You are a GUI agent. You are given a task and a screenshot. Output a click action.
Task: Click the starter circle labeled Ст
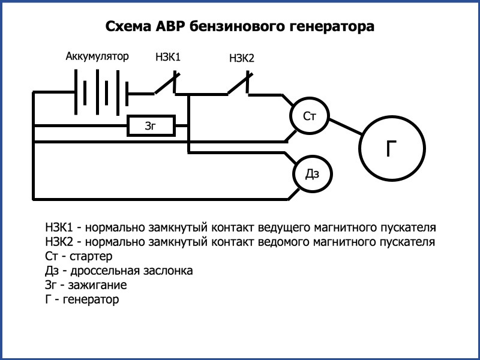pyautogui.click(x=310, y=116)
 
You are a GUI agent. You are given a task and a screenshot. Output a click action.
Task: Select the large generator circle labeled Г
pyautogui.click(x=392, y=147)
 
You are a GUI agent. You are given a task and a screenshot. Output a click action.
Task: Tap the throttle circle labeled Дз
pyautogui.click(x=312, y=173)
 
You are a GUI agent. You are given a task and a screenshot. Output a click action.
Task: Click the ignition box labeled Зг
pyautogui.click(x=151, y=126)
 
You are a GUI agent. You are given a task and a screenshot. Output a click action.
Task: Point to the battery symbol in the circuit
pyautogui.click(x=101, y=94)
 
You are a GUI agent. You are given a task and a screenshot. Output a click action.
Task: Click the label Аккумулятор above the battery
pyautogui.click(x=97, y=57)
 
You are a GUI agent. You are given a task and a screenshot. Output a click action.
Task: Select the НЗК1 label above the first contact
pyautogui.click(x=168, y=58)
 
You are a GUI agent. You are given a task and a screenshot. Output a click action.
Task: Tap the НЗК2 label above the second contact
pyautogui.click(x=242, y=58)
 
